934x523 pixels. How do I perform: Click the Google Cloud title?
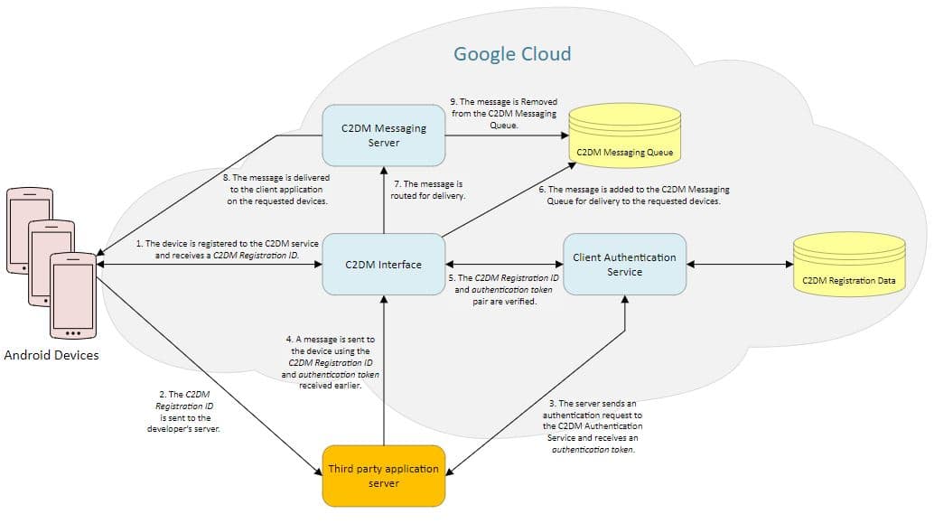click(x=511, y=53)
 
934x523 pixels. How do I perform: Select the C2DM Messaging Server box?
click(x=383, y=135)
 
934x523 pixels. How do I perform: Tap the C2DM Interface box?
click(x=383, y=265)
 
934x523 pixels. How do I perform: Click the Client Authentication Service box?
click(x=624, y=265)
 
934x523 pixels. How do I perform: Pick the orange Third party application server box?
click(x=383, y=475)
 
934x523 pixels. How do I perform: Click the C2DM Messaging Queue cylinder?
click(x=624, y=135)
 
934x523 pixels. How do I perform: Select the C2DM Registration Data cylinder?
click(x=848, y=265)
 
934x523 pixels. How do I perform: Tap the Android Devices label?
click(x=51, y=355)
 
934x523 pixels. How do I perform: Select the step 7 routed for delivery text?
click(x=427, y=190)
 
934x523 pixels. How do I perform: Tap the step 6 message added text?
click(x=633, y=195)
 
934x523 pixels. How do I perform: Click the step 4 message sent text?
click(x=330, y=362)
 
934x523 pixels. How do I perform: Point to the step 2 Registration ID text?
click(x=183, y=412)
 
